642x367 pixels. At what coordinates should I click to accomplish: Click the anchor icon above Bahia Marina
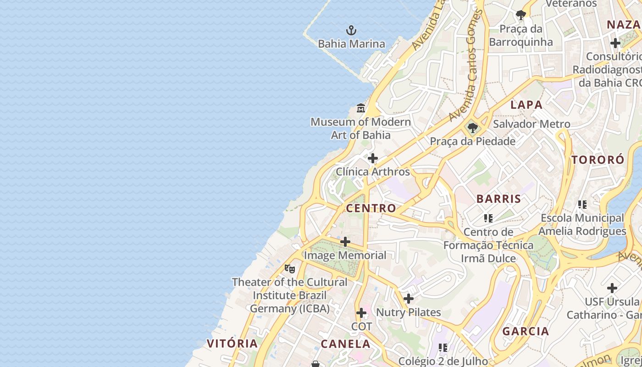pyautogui.click(x=351, y=31)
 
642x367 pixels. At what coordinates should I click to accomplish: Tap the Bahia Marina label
pyautogui.click(x=351, y=44)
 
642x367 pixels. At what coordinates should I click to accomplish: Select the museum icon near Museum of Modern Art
pyautogui.click(x=361, y=109)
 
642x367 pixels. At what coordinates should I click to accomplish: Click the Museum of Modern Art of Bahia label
pyautogui.click(x=361, y=128)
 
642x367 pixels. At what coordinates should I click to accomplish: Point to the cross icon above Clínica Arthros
pyautogui.click(x=373, y=159)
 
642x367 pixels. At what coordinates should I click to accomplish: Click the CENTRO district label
pyautogui.click(x=371, y=208)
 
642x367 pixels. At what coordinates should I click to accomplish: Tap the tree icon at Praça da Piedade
pyautogui.click(x=472, y=128)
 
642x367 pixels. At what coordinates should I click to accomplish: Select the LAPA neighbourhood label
pyautogui.click(x=526, y=105)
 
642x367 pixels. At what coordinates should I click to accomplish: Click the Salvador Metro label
pyautogui.click(x=531, y=124)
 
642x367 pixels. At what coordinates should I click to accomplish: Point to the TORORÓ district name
pyautogui.click(x=598, y=160)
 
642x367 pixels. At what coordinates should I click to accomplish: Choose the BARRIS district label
pyautogui.click(x=498, y=199)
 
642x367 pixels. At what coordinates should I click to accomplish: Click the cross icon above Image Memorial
pyautogui.click(x=345, y=242)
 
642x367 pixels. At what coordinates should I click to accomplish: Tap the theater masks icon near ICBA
pyautogui.click(x=289, y=269)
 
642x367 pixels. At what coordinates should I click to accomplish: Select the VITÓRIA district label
pyautogui.click(x=232, y=344)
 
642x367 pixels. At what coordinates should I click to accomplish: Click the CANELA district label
pyautogui.click(x=345, y=344)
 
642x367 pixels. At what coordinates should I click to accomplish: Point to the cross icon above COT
pyautogui.click(x=361, y=313)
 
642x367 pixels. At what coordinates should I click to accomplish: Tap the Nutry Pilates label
pyautogui.click(x=408, y=313)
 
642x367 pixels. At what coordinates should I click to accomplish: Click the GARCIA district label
pyautogui.click(x=526, y=331)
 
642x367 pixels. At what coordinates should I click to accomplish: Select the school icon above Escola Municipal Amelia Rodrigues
pyautogui.click(x=582, y=205)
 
